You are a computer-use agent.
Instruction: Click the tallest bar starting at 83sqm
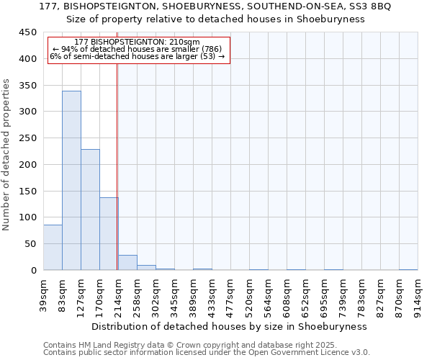coord(71,180)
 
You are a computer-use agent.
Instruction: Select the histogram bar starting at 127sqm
coord(90,210)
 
